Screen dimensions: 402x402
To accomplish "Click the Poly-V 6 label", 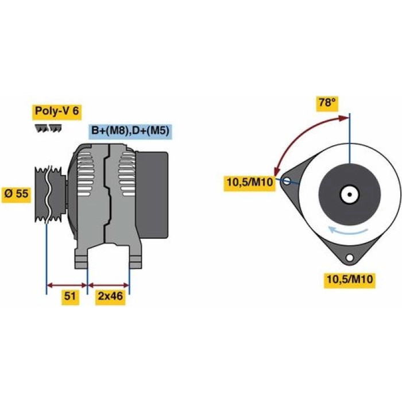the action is click(57, 111).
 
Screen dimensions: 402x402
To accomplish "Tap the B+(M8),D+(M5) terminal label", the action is click(130, 131).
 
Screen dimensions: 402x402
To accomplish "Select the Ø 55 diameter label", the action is click(17, 194).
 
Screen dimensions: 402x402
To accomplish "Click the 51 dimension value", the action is click(70, 296).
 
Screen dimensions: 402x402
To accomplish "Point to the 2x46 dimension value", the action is click(110, 296).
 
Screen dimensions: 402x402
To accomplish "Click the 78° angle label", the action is click(327, 103).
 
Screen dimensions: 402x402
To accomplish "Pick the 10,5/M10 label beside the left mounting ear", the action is click(250, 183).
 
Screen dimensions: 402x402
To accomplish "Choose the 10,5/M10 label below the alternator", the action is click(350, 279).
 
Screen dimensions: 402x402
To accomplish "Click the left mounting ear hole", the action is click(287, 181).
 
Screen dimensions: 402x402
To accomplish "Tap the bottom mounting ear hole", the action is click(349, 257).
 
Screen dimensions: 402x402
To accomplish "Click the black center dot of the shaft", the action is click(349, 194).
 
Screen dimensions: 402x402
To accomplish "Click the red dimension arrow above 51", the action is click(67, 285).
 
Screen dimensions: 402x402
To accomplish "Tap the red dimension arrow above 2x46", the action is click(109, 285).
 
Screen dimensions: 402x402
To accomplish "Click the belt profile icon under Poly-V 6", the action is click(48, 129).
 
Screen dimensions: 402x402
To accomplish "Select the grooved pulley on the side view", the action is click(51, 194).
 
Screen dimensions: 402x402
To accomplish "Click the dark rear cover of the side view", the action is click(152, 195).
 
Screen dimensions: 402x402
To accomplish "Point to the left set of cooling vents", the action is click(84, 175).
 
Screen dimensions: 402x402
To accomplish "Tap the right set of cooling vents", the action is click(127, 175).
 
